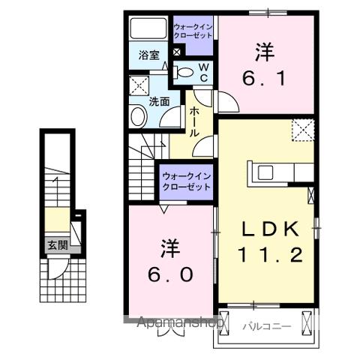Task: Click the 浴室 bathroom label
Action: tap(149, 55)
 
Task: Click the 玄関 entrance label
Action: tap(57, 244)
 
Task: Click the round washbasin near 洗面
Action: tap(139, 115)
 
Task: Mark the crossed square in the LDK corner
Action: tap(302, 130)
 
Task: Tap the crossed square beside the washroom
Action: tap(138, 84)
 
